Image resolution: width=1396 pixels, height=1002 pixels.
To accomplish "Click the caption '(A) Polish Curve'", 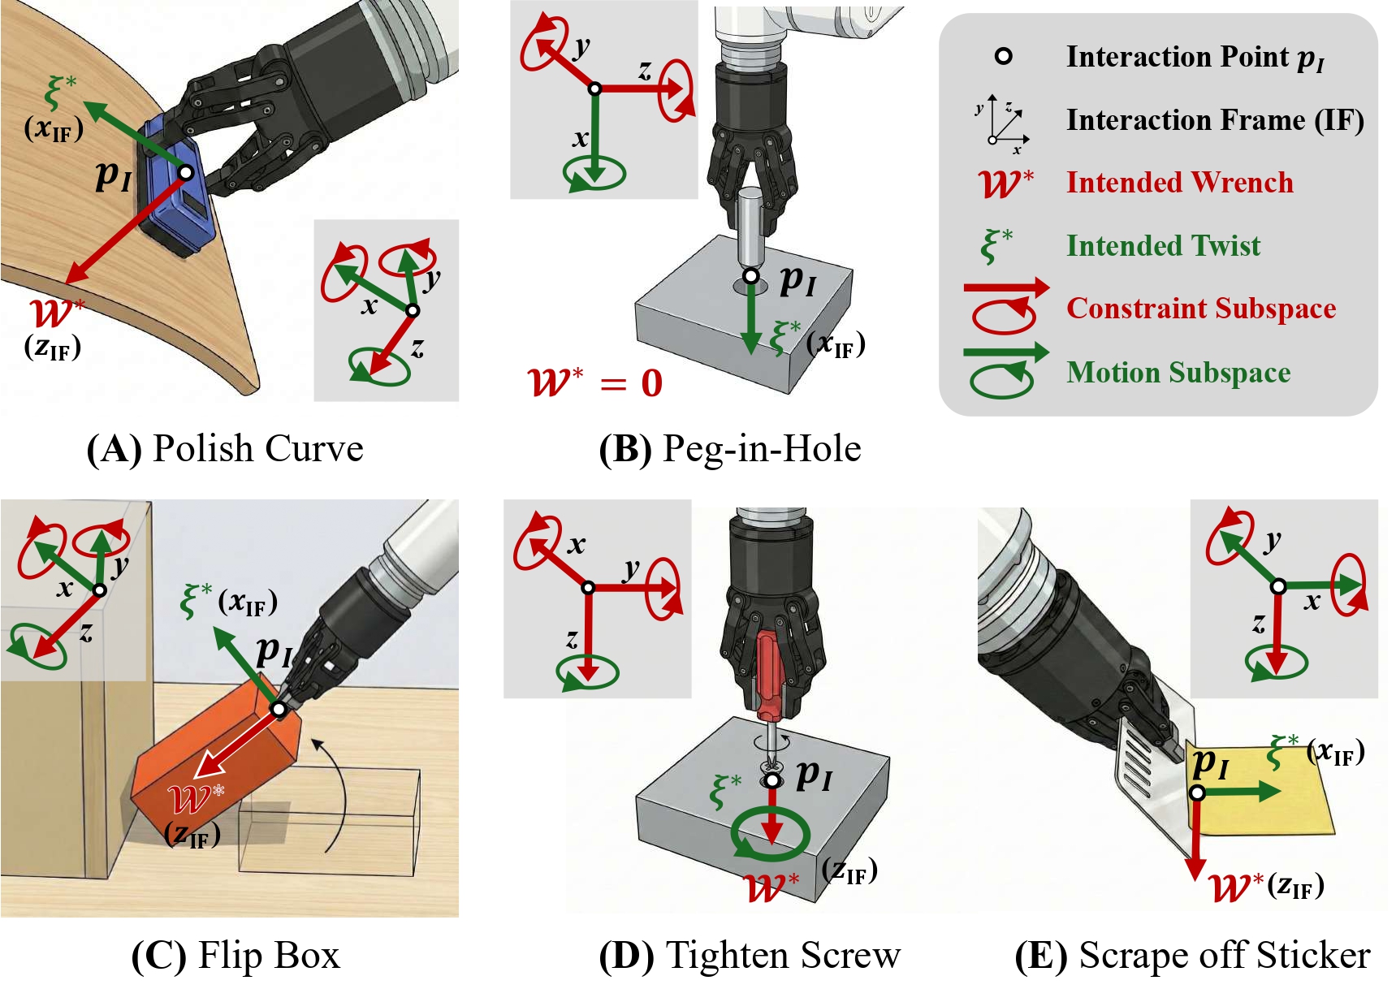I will (225, 449).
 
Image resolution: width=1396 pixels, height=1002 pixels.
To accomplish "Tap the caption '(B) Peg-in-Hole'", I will (729, 449).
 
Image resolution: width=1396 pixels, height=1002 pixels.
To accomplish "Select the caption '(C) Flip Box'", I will (236, 956).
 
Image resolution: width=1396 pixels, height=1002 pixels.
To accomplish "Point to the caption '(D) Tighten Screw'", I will (749, 956).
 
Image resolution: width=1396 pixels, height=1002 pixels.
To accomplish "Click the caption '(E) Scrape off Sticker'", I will (1192, 956).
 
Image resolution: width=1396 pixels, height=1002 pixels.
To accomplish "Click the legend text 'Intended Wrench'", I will (1179, 183).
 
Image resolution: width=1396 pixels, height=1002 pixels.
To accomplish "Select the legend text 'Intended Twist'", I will (1163, 245).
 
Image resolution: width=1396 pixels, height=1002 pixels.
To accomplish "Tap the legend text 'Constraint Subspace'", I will (1200, 309).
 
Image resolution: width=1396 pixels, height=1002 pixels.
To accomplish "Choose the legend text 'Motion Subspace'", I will (1178, 372).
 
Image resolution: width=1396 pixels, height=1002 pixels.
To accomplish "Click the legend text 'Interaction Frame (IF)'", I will (1214, 120).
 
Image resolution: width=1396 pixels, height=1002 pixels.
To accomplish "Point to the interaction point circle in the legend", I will (1004, 56).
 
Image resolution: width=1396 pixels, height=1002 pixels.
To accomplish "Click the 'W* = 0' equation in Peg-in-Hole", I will (595, 382).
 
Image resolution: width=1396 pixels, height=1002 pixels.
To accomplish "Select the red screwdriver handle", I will (769, 674).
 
